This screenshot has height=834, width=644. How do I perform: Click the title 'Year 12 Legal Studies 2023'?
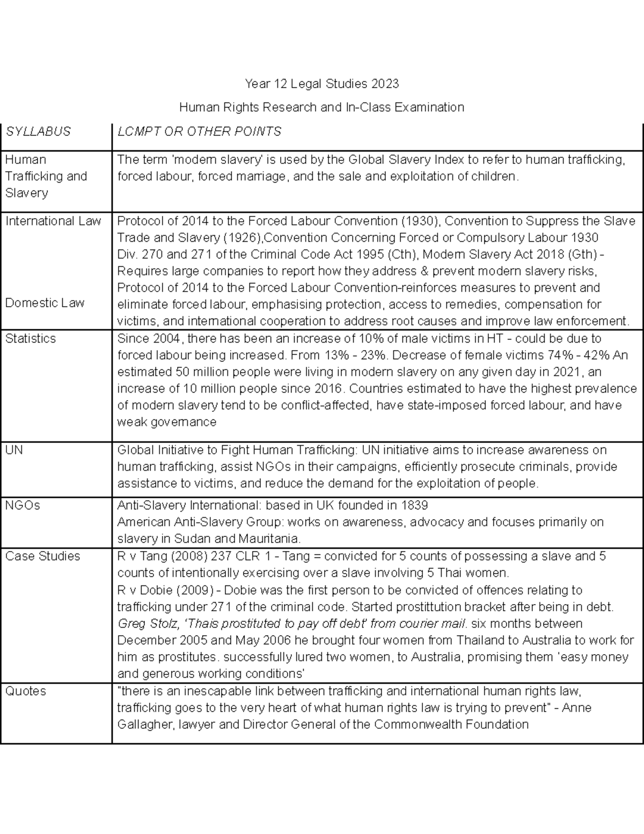pos(321,84)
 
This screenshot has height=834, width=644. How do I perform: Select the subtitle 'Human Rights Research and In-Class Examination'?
pos(321,107)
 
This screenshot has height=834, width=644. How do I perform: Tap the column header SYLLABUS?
pos(38,132)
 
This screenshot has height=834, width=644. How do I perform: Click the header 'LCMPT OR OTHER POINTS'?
pos(199,132)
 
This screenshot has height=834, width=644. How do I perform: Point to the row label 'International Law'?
pos(53,221)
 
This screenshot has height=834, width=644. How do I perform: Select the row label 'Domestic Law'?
pos(45,303)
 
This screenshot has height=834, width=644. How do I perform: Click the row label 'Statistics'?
pos(31,338)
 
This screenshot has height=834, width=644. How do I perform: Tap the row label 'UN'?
pos(14,449)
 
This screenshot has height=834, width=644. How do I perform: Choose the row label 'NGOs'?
pos(23,505)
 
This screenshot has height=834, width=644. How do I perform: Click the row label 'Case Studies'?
pos(42,556)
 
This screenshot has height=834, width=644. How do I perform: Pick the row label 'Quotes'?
pos(25,691)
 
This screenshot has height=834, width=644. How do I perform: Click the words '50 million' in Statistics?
pos(202,372)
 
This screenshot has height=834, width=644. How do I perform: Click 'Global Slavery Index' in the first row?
pos(403,159)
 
